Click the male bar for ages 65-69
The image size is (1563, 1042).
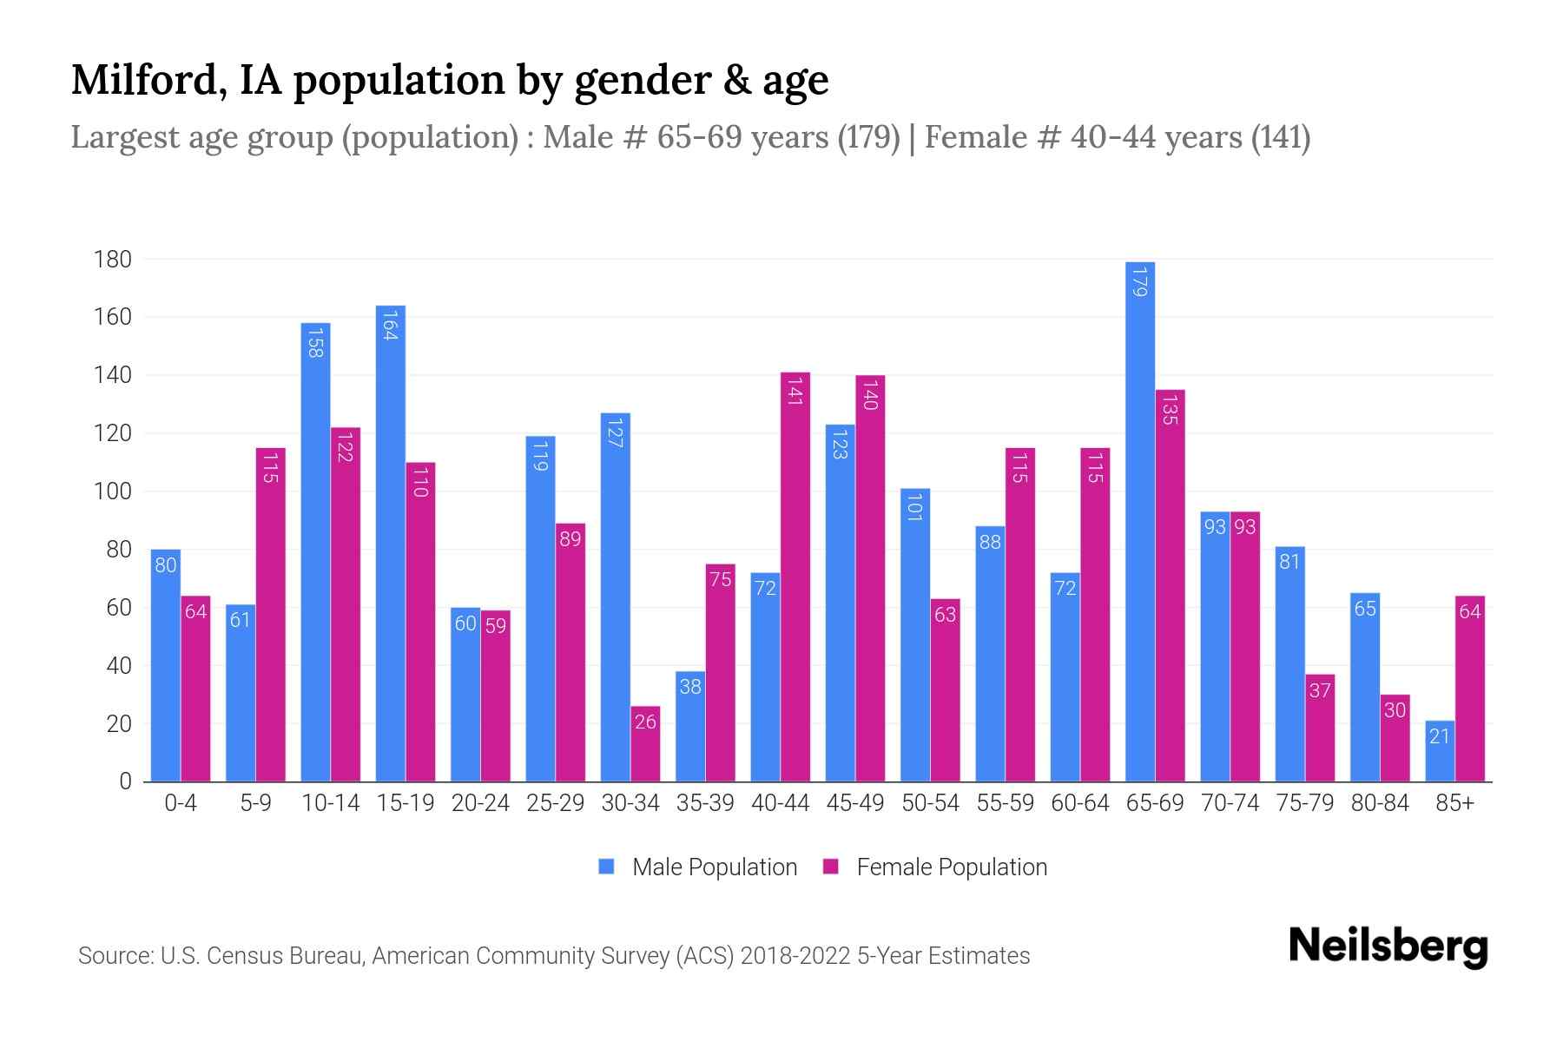(1140, 521)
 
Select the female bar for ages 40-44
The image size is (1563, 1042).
(795, 577)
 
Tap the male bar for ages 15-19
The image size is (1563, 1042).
(391, 544)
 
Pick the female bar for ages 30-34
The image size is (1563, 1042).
(645, 744)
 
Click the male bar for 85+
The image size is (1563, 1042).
(1440, 751)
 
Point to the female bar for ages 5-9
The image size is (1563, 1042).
(271, 615)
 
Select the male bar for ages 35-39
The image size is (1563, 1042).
(690, 727)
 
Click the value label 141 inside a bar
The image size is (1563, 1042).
(795, 390)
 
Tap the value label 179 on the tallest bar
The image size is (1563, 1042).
(1140, 280)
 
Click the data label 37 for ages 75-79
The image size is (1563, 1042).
(1320, 691)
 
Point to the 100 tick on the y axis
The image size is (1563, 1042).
(113, 491)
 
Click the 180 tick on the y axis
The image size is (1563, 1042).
(113, 260)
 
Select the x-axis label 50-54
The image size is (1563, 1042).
(930, 803)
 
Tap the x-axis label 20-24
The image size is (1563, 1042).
(480, 803)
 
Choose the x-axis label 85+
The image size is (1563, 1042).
(1454, 803)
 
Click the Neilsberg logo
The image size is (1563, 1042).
(1388, 946)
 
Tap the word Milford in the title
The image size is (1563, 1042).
(144, 80)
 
